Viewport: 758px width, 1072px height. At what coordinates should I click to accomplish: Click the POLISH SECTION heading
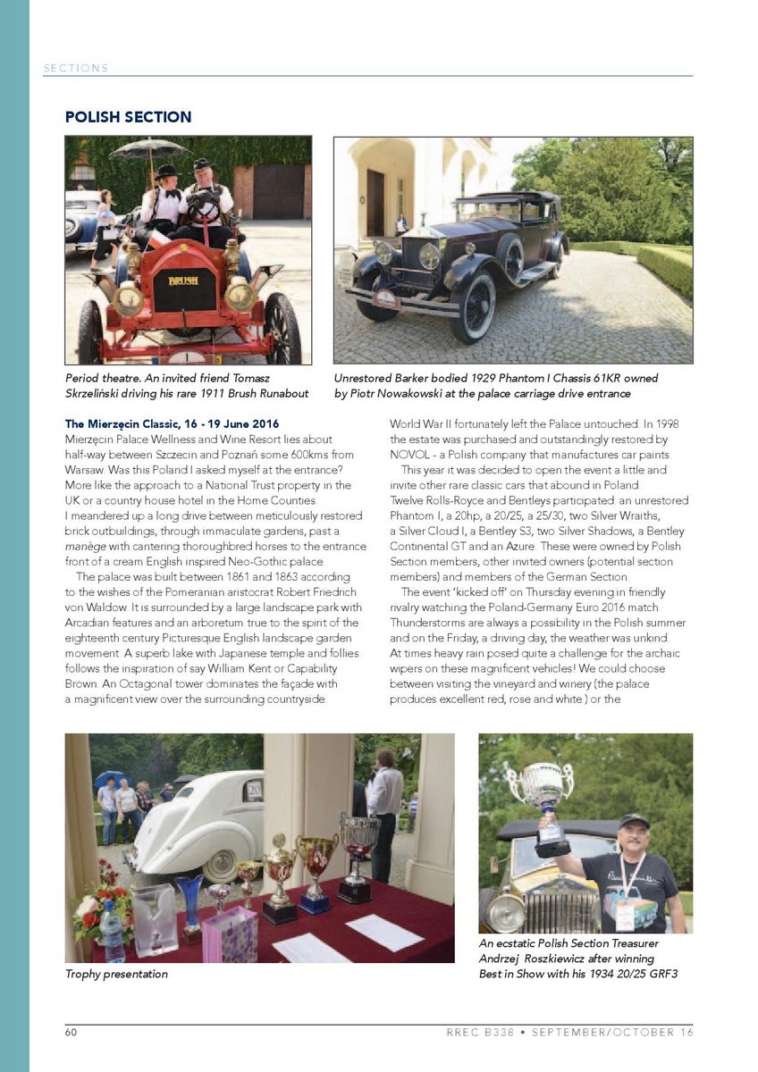pyautogui.click(x=128, y=117)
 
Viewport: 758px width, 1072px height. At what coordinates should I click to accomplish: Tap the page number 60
pyautogui.click(x=70, y=1033)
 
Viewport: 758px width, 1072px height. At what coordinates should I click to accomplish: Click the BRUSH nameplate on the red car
pyautogui.click(x=182, y=280)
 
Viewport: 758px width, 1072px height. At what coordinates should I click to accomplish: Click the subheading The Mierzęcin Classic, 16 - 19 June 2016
pyautogui.click(x=172, y=423)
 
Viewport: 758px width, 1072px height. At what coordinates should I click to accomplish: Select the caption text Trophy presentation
pyautogui.click(x=116, y=974)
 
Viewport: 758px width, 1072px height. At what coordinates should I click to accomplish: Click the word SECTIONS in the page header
pyautogui.click(x=75, y=68)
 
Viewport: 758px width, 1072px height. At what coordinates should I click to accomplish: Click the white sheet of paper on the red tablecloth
pyautogui.click(x=384, y=932)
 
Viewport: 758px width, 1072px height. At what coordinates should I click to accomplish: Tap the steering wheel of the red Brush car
pyautogui.click(x=203, y=207)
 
